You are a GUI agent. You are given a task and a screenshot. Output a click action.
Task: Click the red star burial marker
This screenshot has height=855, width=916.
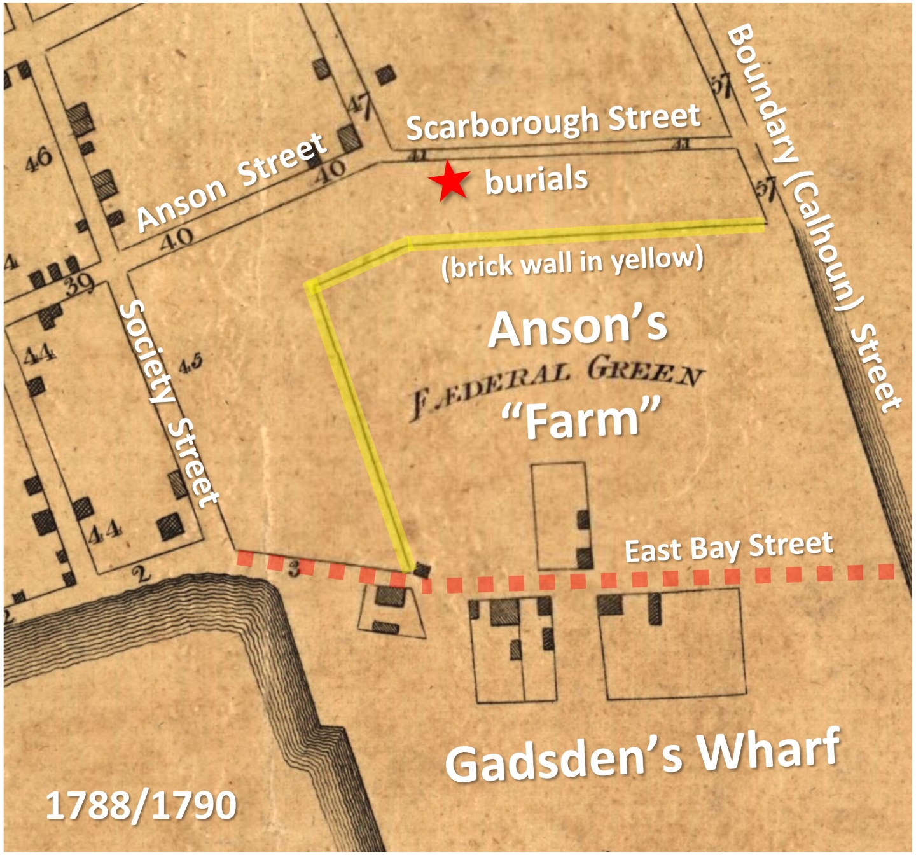[449, 181]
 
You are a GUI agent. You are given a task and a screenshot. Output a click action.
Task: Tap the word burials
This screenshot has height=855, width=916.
[536, 180]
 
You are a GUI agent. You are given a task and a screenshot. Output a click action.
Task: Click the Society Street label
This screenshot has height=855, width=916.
[168, 403]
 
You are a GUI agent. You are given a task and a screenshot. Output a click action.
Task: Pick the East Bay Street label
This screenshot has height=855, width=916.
[728, 548]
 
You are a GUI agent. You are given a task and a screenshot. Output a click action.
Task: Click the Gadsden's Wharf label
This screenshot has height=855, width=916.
[642, 756]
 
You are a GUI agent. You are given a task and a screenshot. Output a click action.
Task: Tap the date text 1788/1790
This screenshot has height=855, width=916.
[141, 805]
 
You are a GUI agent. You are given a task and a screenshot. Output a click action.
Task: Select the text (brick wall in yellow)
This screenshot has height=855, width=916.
[572, 263]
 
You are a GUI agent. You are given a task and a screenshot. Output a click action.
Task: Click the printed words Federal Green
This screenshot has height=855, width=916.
[557, 387]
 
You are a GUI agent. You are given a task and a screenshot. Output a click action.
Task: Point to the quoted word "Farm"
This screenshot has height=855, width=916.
[579, 419]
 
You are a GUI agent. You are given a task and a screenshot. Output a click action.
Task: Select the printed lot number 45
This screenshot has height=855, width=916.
[190, 365]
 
